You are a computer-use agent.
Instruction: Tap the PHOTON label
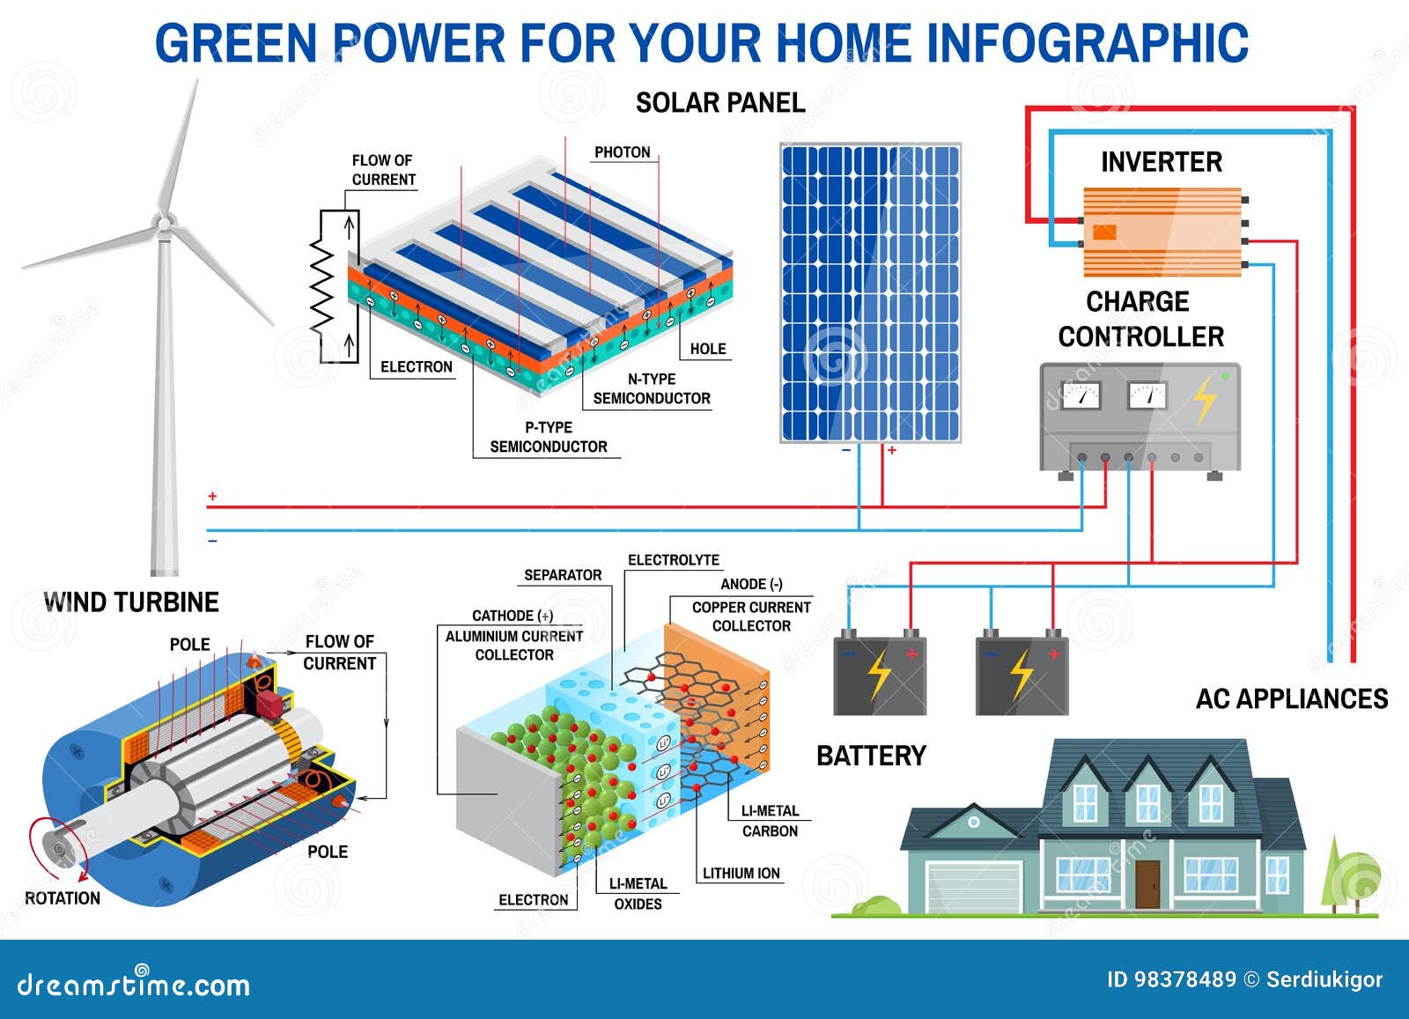[x=622, y=152]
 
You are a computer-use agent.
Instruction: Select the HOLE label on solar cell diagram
[x=708, y=349]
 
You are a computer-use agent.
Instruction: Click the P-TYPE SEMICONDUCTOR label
[x=548, y=437]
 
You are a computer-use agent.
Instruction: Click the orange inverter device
[x=1162, y=232]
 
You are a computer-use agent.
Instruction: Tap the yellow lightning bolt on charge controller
[x=1205, y=402]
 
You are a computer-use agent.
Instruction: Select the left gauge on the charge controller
[x=1081, y=395]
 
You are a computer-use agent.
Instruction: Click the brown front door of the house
[x=1147, y=883]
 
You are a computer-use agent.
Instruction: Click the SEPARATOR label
[x=563, y=575]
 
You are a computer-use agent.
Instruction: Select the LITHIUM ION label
[x=741, y=874]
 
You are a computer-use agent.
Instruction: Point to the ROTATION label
[x=63, y=898]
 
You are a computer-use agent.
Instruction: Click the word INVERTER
[x=1161, y=162]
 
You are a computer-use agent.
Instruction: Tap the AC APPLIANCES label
[x=1291, y=699]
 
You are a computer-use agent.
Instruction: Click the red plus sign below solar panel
[x=892, y=450]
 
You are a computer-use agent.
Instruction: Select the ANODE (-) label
[x=751, y=584]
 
